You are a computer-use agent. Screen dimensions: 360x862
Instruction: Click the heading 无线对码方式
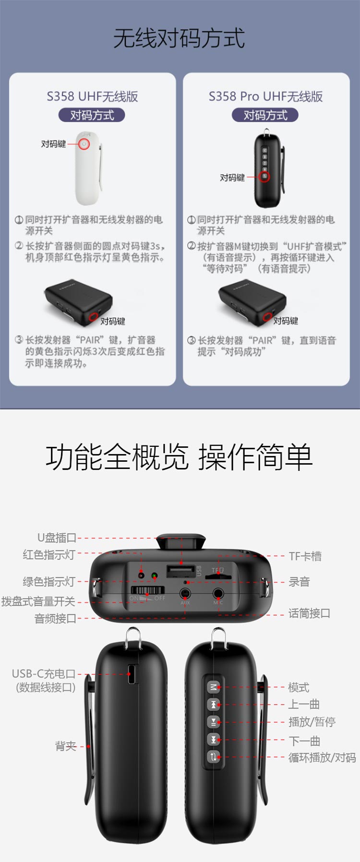(179, 38)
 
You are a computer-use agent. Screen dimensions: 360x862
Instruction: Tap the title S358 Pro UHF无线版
(265, 96)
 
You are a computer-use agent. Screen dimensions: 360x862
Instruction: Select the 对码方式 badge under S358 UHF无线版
(92, 115)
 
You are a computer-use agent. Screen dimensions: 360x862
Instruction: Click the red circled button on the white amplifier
(84, 144)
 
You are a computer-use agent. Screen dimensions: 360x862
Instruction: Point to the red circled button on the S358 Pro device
(264, 177)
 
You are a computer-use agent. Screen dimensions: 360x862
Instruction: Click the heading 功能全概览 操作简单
(179, 457)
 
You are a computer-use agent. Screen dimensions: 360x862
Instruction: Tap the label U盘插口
(57, 538)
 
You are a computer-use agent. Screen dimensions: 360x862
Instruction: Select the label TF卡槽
(305, 556)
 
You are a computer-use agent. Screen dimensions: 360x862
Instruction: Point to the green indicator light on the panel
(155, 575)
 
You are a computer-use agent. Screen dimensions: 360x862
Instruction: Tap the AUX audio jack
(185, 594)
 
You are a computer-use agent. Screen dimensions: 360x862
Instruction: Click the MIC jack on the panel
(218, 594)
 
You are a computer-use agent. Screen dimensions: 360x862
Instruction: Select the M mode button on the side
(213, 687)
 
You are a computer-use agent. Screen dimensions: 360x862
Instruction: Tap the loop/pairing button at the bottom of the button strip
(213, 757)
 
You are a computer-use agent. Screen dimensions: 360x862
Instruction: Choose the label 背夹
(66, 746)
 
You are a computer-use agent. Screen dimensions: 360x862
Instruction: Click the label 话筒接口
(309, 613)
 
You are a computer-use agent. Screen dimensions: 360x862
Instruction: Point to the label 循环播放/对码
(322, 757)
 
